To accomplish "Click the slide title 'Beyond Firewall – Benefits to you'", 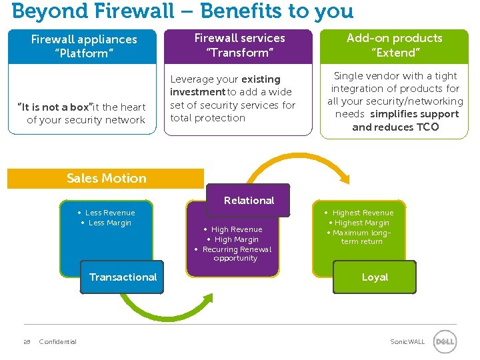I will [183, 11].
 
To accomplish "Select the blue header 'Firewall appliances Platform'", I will [83, 46].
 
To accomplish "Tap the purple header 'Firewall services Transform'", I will [239, 45].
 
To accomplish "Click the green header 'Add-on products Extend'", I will [394, 45].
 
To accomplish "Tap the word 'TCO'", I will [427, 127].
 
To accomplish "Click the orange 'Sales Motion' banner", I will [106, 179].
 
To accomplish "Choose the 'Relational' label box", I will [249, 201].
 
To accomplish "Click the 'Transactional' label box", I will [123, 277].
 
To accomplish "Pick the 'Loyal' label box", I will [375, 277].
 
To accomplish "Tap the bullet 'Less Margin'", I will [109, 223].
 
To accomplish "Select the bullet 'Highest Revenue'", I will [363, 213].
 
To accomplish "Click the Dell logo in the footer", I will [445, 342].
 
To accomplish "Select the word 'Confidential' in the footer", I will [58, 342].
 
